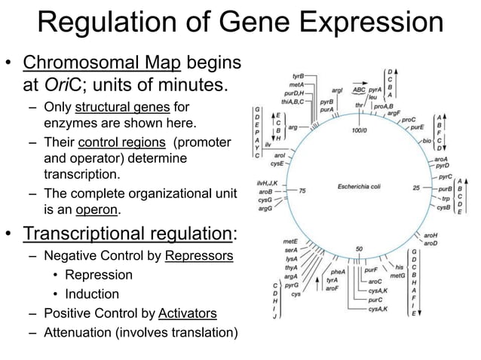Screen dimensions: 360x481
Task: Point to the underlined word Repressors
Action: (x=199, y=256)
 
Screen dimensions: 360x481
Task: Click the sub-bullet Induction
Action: (x=92, y=294)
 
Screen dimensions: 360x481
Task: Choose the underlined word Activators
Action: (x=188, y=313)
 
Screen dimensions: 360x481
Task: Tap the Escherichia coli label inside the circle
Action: (x=360, y=185)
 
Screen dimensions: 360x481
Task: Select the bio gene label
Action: (x=427, y=141)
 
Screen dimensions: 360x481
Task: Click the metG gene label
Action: (x=398, y=276)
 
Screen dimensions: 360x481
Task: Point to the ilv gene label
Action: (x=268, y=143)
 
